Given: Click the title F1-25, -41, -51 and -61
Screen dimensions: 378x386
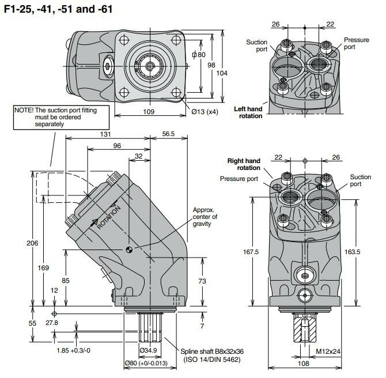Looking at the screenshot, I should point(57,9).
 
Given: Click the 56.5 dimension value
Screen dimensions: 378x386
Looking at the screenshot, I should point(168,134).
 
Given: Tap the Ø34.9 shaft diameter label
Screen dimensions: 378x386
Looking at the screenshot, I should point(149,350).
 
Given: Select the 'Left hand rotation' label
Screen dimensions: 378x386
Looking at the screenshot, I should point(248,112).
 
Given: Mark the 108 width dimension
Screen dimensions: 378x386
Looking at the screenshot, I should point(304,365).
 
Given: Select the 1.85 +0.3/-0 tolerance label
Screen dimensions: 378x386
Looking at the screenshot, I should point(73,350).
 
